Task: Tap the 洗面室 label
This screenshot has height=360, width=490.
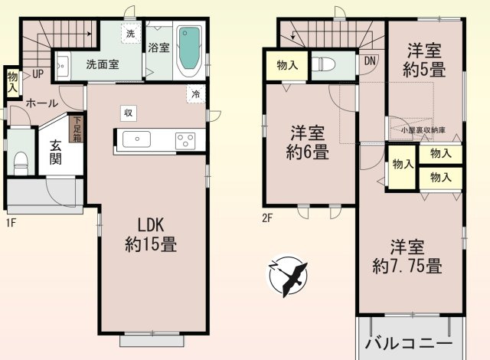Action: pos(102,65)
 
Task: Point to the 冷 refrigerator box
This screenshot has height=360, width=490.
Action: pos(196,95)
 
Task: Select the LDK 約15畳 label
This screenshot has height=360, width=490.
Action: pos(152,235)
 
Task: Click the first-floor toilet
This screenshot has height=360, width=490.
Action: pos(20,162)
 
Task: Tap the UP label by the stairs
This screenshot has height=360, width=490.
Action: pos(38,75)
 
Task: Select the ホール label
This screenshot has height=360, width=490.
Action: pos(41,103)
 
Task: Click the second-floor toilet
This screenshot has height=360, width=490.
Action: pos(325,64)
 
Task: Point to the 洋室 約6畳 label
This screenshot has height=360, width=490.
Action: pos(309,142)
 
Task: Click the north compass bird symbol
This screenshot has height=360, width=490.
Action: pos(289,277)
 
